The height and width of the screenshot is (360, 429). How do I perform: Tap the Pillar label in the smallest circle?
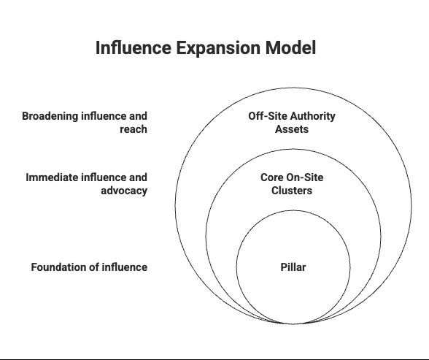coord(293,267)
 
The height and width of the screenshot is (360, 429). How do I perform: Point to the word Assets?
coord(292,129)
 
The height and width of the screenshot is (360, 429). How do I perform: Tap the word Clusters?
coord(292,191)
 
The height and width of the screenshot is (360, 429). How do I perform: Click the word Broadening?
coord(50,116)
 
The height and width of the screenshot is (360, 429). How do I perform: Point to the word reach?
coord(134,129)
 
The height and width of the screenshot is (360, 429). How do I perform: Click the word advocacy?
coord(124,191)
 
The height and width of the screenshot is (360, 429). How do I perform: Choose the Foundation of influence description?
coord(89,267)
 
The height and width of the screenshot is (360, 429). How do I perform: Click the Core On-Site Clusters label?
coord(292,184)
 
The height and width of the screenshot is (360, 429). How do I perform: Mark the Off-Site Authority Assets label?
coord(292,123)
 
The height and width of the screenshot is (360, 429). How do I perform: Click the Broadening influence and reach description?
coord(85,123)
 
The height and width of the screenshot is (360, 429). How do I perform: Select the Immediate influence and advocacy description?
coord(87,184)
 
